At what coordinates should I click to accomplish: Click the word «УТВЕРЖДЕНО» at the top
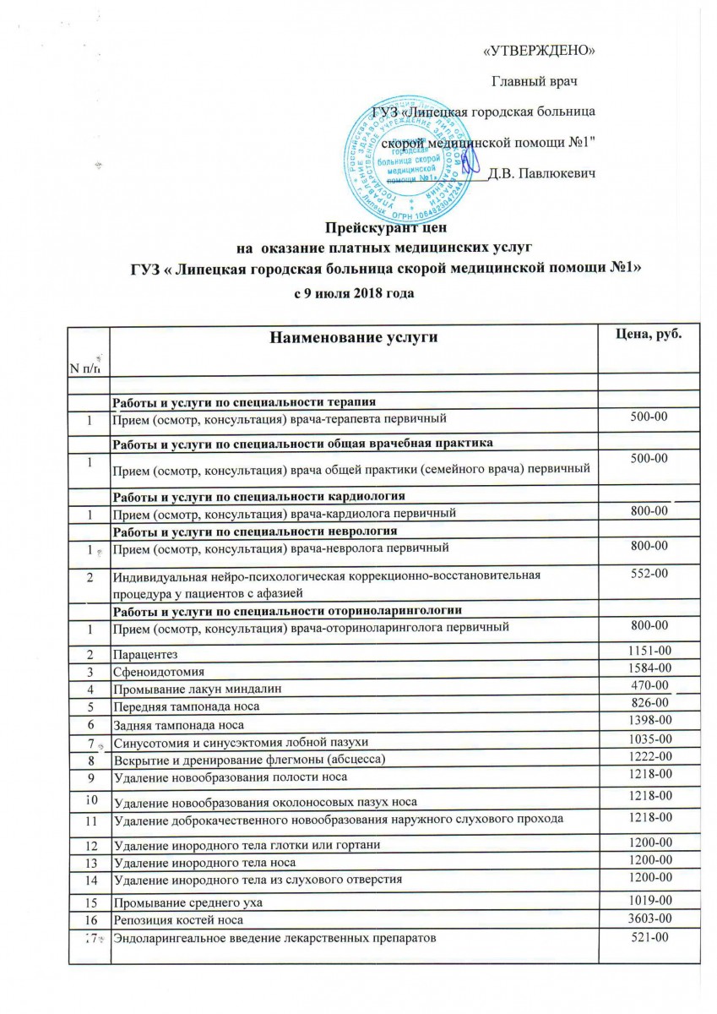click(x=538, y=51)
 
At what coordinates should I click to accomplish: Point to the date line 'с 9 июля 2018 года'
click(x=356, y=292)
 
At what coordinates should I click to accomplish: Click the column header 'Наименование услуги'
click(x=354, y=338)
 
